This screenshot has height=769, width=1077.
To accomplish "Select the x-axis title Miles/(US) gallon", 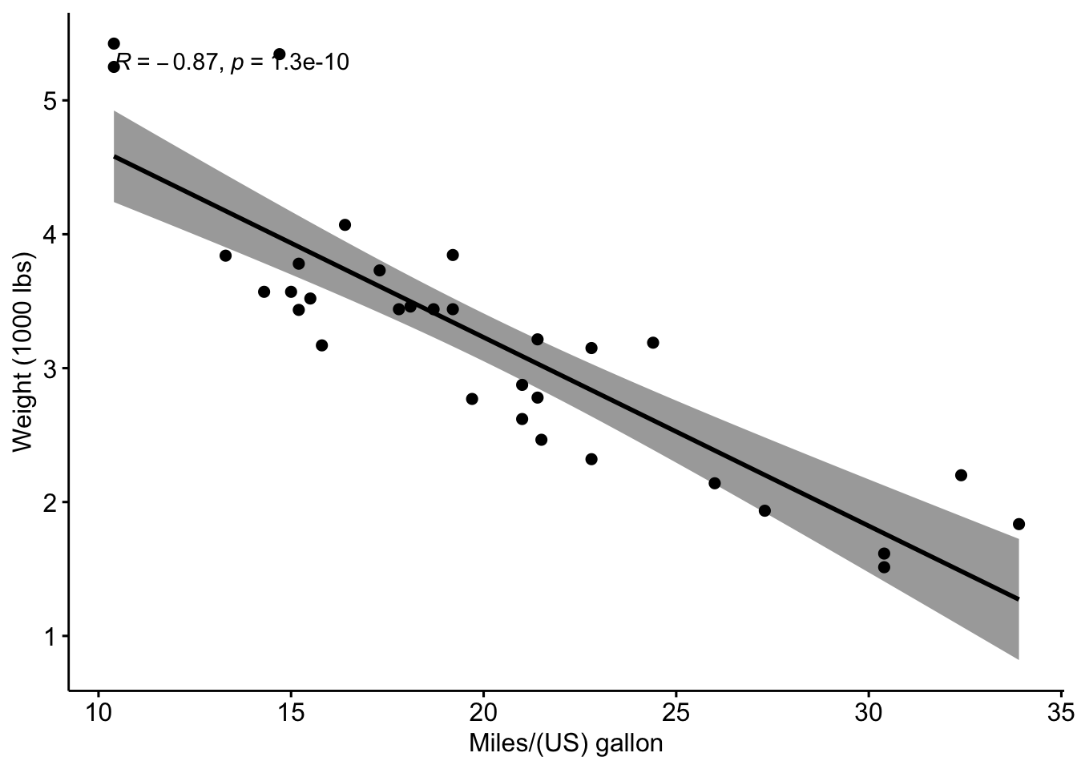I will pos(566,744).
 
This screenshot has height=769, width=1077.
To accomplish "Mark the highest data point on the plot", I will pos(114,43).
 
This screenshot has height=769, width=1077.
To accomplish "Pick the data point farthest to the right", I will pos(1019,524).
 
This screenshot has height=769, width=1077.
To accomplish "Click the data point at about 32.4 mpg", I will pos(961,475).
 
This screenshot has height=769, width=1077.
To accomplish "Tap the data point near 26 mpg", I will pos(714,483).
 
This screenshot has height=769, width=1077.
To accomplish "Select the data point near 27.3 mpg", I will pos(764,510).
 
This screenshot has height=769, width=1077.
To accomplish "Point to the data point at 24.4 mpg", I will pos(652,343).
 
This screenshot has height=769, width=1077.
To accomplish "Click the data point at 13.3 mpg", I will pos(225,256).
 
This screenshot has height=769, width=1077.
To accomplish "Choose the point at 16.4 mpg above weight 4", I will pos(345,224).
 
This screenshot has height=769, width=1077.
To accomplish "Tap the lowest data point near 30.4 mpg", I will pos(884,567).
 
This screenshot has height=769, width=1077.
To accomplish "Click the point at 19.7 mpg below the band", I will pos(472,399).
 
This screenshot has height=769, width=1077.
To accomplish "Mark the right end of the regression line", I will pos(1018,598).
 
